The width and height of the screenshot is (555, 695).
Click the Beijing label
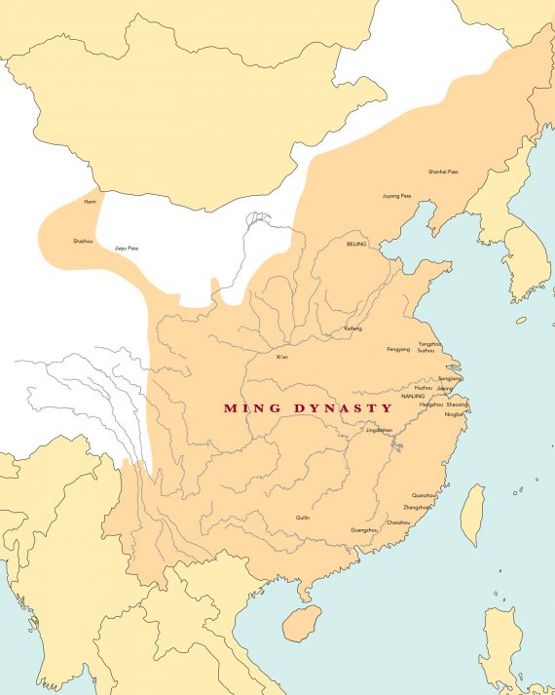[x=356, y=245]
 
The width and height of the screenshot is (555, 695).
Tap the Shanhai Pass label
[x=443, y=172]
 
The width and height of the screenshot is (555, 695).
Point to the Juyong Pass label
[x=396, y=195]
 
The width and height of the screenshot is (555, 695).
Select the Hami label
[x=91, y=201]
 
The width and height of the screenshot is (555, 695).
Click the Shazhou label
[x=84, y=240]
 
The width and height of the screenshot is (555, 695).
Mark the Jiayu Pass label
[x=127, y=249]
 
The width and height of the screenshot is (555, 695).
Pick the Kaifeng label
[x=352, y=329]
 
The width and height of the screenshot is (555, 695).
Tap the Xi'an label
[x=282, y=357]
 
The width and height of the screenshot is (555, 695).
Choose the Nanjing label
[x=412, y=397]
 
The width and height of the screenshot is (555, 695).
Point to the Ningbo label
[x=455, y=414]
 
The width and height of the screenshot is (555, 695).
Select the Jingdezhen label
[x=378, y=429]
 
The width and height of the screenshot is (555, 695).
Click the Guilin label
[x=303, y=518]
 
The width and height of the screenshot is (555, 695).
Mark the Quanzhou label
[x=425, y=495]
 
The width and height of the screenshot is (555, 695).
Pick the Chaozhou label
[x=398, y=522]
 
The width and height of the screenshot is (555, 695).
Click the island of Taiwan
[x=472, y=515]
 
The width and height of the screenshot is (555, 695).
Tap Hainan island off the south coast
[x=302, y=622]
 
